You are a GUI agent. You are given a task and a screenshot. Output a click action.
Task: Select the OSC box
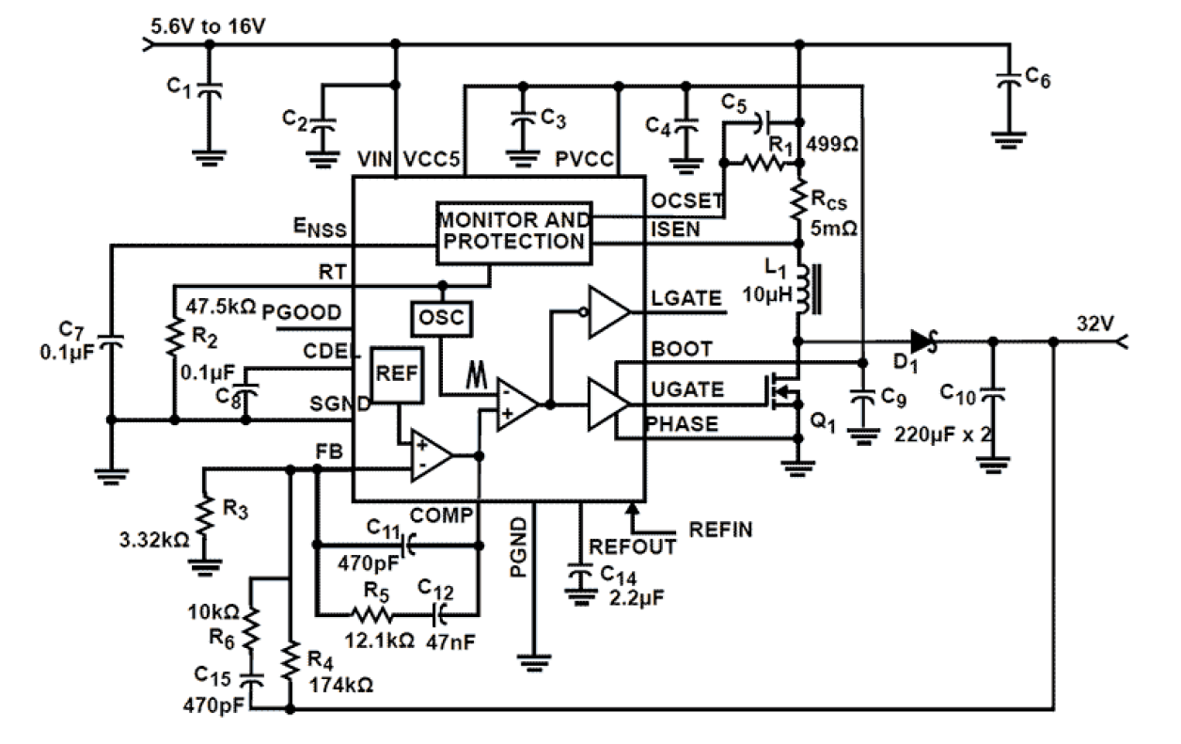[x=441, y=317]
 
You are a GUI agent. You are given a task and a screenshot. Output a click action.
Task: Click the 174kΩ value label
[x=342, y=686]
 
